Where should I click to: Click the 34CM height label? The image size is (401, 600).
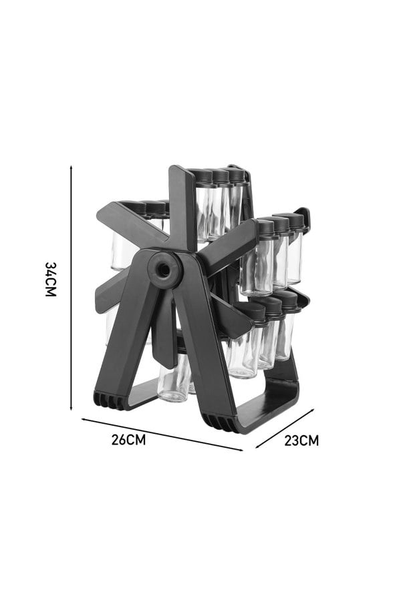[x=51, y=280]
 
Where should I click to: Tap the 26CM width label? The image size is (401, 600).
[x=128, y=440]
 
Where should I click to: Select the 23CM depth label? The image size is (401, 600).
[x=301, y=440]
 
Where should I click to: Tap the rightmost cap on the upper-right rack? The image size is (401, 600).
[x=295, y=221]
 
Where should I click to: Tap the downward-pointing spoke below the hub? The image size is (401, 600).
[x=164, y=334]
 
